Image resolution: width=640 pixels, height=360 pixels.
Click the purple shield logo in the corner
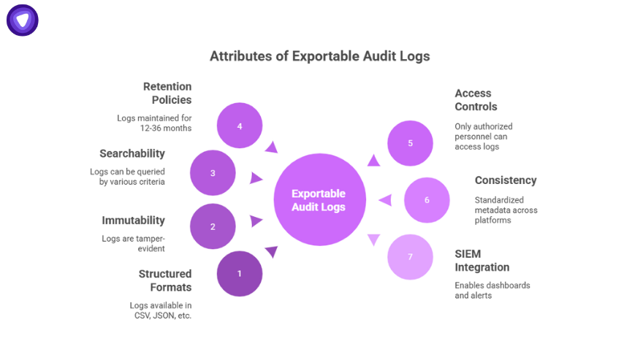coord(23,20)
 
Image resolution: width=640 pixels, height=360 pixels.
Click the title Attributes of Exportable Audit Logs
coord(319,56)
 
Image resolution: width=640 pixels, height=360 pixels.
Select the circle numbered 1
coord(239,273)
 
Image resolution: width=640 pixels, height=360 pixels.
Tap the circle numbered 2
coord(213,226)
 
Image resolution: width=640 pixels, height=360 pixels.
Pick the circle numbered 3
coord(213,173)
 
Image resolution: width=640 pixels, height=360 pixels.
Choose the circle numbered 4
coord(239,126)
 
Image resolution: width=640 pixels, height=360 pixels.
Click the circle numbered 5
coord(410,143)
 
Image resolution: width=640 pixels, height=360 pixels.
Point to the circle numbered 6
coord(427,200)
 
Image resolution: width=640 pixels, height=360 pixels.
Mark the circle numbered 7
coord(410,256)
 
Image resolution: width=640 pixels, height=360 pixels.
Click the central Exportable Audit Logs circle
coord(319,200)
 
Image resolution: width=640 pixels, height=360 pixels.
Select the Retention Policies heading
coord(167,93)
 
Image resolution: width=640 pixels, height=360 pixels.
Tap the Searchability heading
coord(132,153)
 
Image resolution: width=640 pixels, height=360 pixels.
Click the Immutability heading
coord(133,220)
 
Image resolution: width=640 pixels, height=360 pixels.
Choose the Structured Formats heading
coord(165,280)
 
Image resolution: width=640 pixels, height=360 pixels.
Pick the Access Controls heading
coord(476,99)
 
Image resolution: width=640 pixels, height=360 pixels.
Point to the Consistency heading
coord(506,180)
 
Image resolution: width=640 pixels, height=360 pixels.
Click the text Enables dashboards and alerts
coord(492,290)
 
